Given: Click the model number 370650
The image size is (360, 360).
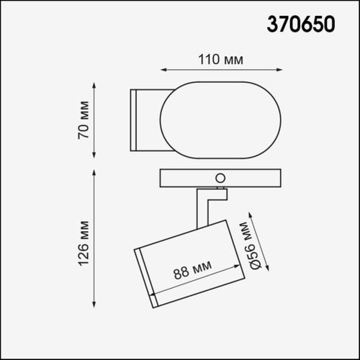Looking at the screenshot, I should (301, 25).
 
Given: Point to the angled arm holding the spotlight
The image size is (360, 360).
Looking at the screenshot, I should (205, 205).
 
